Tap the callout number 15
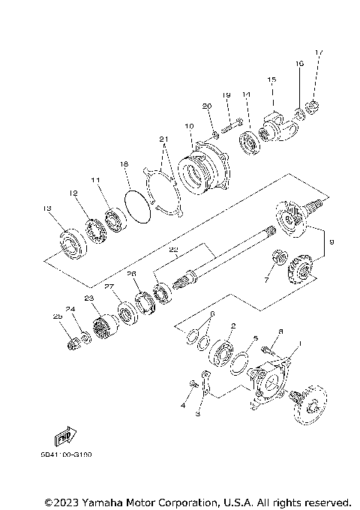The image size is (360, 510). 271,79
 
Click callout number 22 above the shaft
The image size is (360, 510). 173,250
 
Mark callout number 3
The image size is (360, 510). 198,413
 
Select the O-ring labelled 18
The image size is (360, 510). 133,204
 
